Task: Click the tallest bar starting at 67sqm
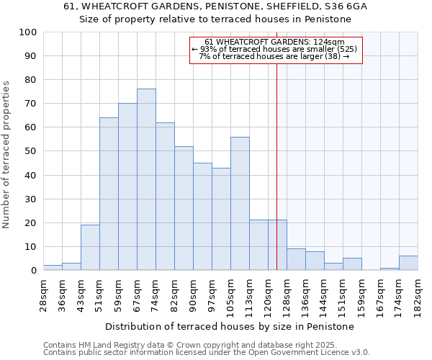point(146,179)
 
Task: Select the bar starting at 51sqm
point(109,194)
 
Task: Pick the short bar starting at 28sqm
point(53,267)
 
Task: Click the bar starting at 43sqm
point(90,248)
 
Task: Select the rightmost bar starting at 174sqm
point(408,263)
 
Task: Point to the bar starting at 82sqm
point(184,208)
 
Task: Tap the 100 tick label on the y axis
point(27,32)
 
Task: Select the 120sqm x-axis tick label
point(268,293)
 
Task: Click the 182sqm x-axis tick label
point(418,293)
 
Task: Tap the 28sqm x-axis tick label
point(43,293)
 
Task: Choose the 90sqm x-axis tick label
point(193,293)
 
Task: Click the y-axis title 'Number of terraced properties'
point(6,154)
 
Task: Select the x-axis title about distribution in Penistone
point(230,326)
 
